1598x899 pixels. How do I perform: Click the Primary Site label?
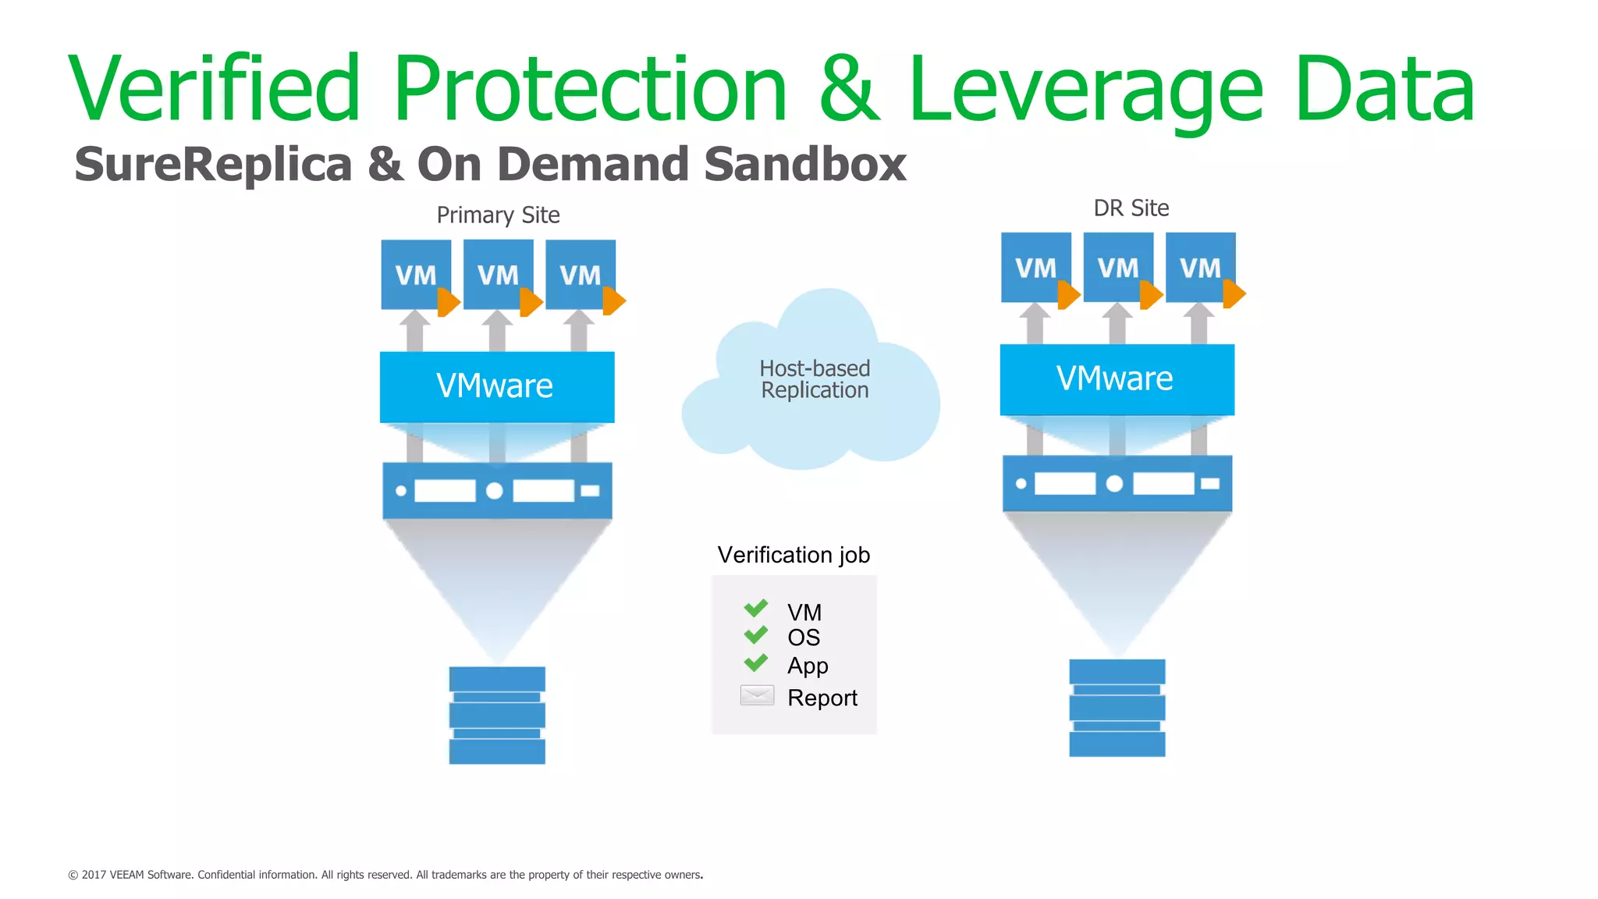tap(498, 215)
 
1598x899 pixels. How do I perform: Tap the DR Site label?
tap(1131, 208)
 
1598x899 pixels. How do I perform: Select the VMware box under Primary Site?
tap(496, 386)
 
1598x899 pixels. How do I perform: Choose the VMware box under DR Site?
tap(1117, 379)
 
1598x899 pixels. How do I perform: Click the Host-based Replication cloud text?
tap(815, 379)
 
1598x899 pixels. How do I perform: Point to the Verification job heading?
tap(794, 555)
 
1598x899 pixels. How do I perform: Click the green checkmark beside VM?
tap(755, 608)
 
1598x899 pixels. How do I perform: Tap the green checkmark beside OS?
tap(755, 635)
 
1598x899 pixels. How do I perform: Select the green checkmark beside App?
tap(755, 663)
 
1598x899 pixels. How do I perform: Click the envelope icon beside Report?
tap(757, 695)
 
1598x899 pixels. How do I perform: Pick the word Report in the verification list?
tap(822, 698)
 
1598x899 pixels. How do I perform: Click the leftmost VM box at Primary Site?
tap(415, 274)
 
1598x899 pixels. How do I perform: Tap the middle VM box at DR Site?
tap(1117, 267)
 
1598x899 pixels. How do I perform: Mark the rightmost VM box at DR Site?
tap(1200, 267)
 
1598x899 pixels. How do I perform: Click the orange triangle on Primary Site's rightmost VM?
tap(614, 301)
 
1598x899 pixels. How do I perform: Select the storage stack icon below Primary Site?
tap(497, 715)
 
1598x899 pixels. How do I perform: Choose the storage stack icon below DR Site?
tap(1117, 708)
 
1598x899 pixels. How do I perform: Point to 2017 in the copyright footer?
tap(94, 875)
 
